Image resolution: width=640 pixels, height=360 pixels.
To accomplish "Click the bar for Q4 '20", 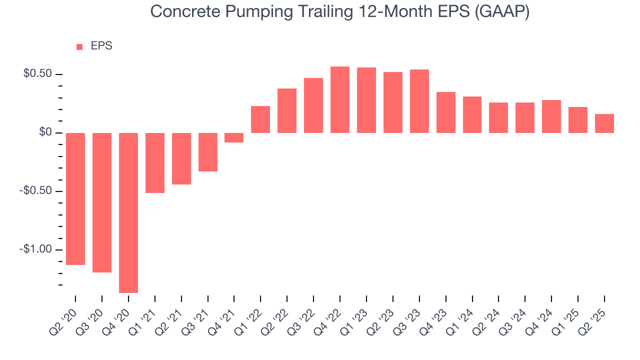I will [x=128, y=212].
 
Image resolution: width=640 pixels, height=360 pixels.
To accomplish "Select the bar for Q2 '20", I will [x=75, y=198].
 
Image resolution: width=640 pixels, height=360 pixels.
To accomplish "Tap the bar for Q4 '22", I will [x=340, y=99].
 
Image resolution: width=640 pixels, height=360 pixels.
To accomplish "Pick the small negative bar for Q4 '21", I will [x=234, y=137].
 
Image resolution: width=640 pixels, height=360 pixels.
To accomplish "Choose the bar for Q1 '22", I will [x=260, y=119].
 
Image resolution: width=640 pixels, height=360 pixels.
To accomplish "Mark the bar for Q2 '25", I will [x=604, y=123].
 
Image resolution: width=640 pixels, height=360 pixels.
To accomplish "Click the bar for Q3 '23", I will [x=419, y=101].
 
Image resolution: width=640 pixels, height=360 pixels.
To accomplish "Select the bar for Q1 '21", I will [x=155, y=162].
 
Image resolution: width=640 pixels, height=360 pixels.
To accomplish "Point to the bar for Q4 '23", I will [x=445, y=112].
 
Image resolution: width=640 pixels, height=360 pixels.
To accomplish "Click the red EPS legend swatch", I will [x=79, y=47].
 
